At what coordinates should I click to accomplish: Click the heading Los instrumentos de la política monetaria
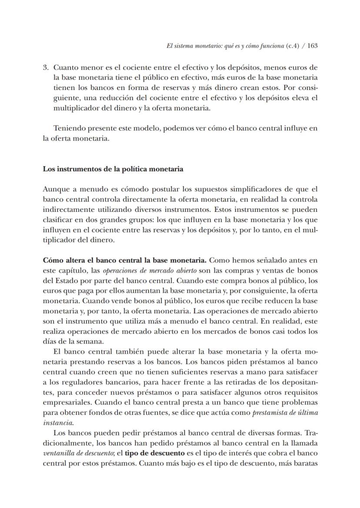[113, 169]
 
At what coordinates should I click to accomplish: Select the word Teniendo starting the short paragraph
[68, 128]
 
